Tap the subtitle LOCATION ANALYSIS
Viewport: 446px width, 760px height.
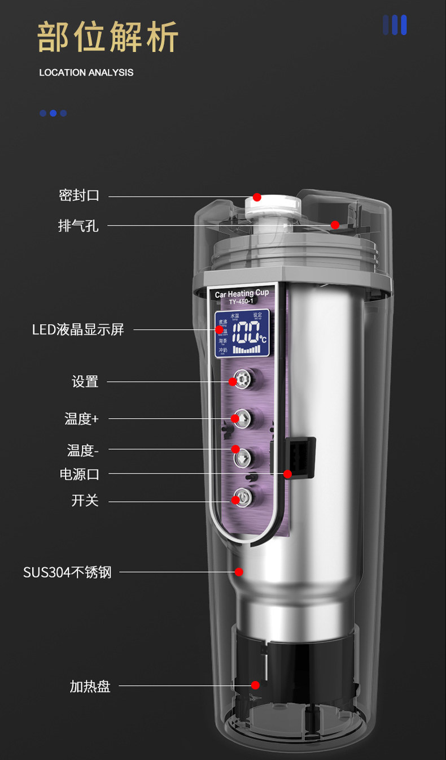pos(86,72)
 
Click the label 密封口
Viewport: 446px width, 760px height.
pos(79,196)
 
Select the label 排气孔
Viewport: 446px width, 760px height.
pos(78,225)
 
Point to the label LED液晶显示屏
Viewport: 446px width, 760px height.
pos(78,329)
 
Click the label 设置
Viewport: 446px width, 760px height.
pos(85,382)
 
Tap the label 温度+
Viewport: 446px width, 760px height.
pos(81,419)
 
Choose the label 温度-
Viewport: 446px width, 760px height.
pos(83,450)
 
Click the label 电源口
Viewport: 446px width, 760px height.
pos(80,474)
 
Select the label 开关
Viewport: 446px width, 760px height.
pos(85,501)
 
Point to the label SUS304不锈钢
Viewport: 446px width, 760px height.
pos(67,572)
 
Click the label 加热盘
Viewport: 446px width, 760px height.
pos(90,687)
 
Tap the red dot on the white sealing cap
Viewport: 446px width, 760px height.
pos(257,197)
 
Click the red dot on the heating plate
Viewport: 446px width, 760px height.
pos(255,685)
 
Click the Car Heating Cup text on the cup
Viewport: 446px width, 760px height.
pos(242,294)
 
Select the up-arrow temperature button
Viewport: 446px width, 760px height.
pos(241,418)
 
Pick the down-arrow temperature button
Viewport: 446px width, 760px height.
pos(241,457)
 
